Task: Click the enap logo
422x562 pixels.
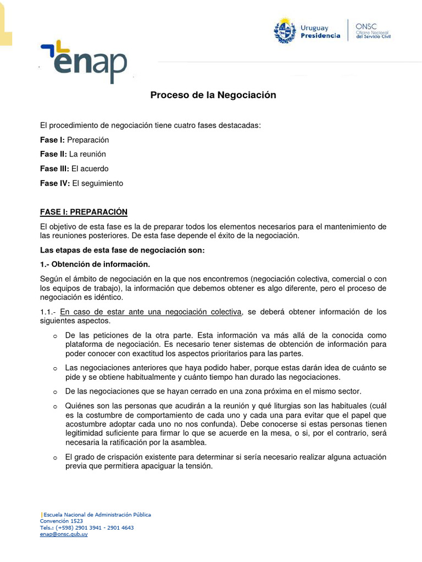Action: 84,61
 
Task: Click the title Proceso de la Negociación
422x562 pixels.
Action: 213,95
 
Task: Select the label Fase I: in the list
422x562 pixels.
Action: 52,140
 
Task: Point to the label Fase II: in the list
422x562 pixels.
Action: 53,154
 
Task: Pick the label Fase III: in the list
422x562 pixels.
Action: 54,168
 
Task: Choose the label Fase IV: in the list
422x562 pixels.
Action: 55,183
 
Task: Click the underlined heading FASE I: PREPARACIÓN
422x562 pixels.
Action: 84,212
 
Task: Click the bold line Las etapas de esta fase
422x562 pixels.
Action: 122,250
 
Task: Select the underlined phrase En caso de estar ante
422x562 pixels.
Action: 151,312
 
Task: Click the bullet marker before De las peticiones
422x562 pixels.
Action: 55,336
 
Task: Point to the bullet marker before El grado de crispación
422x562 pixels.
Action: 55,458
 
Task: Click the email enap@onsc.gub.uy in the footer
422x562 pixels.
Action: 64,534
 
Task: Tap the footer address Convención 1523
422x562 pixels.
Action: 62,521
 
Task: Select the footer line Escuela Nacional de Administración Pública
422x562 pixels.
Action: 97,515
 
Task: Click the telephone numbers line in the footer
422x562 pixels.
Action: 87,527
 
